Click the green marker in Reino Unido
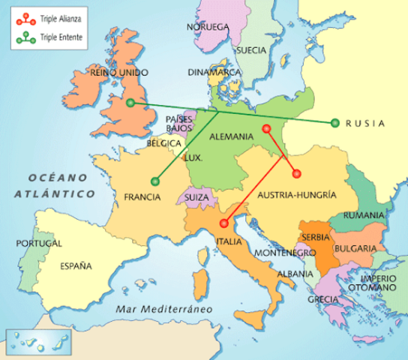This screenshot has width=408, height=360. point(130,103)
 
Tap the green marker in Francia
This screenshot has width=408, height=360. point(155,180)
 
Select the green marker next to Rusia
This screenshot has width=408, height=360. point(334,123)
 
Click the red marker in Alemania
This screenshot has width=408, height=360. point(266,129)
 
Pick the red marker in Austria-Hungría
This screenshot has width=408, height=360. point(295,173)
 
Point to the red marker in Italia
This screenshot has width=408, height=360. point(224,223)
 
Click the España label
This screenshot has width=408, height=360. point(76,265)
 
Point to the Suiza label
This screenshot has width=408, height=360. point(196,199)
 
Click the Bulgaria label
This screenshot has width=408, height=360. point(356,248)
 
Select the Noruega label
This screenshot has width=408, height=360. point(208,27)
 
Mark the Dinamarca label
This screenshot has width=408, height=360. point(214,73)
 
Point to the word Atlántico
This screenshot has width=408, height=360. point(54,193)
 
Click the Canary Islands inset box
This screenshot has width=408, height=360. point(27,341)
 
